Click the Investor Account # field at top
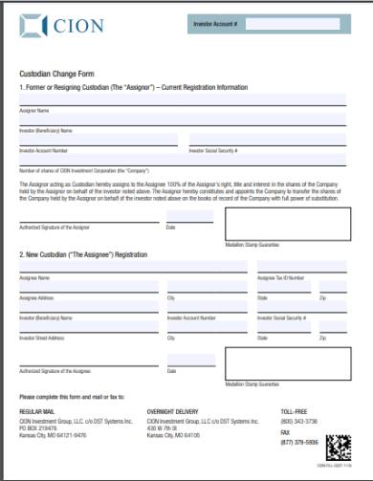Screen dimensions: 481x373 pyautogui.click(x=292, y=23)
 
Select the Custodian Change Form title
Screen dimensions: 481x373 pyautogui.click(x=52, y=73)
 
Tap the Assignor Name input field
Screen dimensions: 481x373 pyautogui.click(x=182, y=100)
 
